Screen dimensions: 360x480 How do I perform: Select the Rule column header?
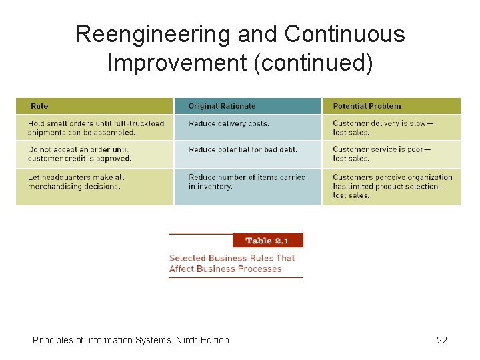tap(39, 106)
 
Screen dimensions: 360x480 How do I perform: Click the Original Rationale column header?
tap(221, 106)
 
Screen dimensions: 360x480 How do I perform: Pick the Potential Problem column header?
tap(367, 106)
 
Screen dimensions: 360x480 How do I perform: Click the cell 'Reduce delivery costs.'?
tap(229, 123)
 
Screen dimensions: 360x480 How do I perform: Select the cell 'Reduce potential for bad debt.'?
tap(243, 149)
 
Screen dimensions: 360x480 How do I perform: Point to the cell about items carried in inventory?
tap(247, 182)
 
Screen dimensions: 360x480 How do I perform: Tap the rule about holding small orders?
tap(95, 127)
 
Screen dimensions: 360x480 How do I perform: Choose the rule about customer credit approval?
tap(79, 154)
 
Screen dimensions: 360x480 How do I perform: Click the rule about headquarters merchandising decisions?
tap(76, 182)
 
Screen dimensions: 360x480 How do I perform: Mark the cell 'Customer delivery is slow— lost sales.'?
tap(382, 127)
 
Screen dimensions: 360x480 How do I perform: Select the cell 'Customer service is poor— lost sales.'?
tap(381, 154)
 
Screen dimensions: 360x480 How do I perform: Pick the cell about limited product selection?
tap(392, 186)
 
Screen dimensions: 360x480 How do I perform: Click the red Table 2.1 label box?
tap(267, 241)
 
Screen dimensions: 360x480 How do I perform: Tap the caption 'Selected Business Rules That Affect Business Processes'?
tap(231, 263)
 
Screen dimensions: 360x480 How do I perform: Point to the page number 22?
tap(442, 340)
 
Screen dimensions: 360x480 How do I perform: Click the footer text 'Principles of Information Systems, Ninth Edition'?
tap(131, 340)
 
